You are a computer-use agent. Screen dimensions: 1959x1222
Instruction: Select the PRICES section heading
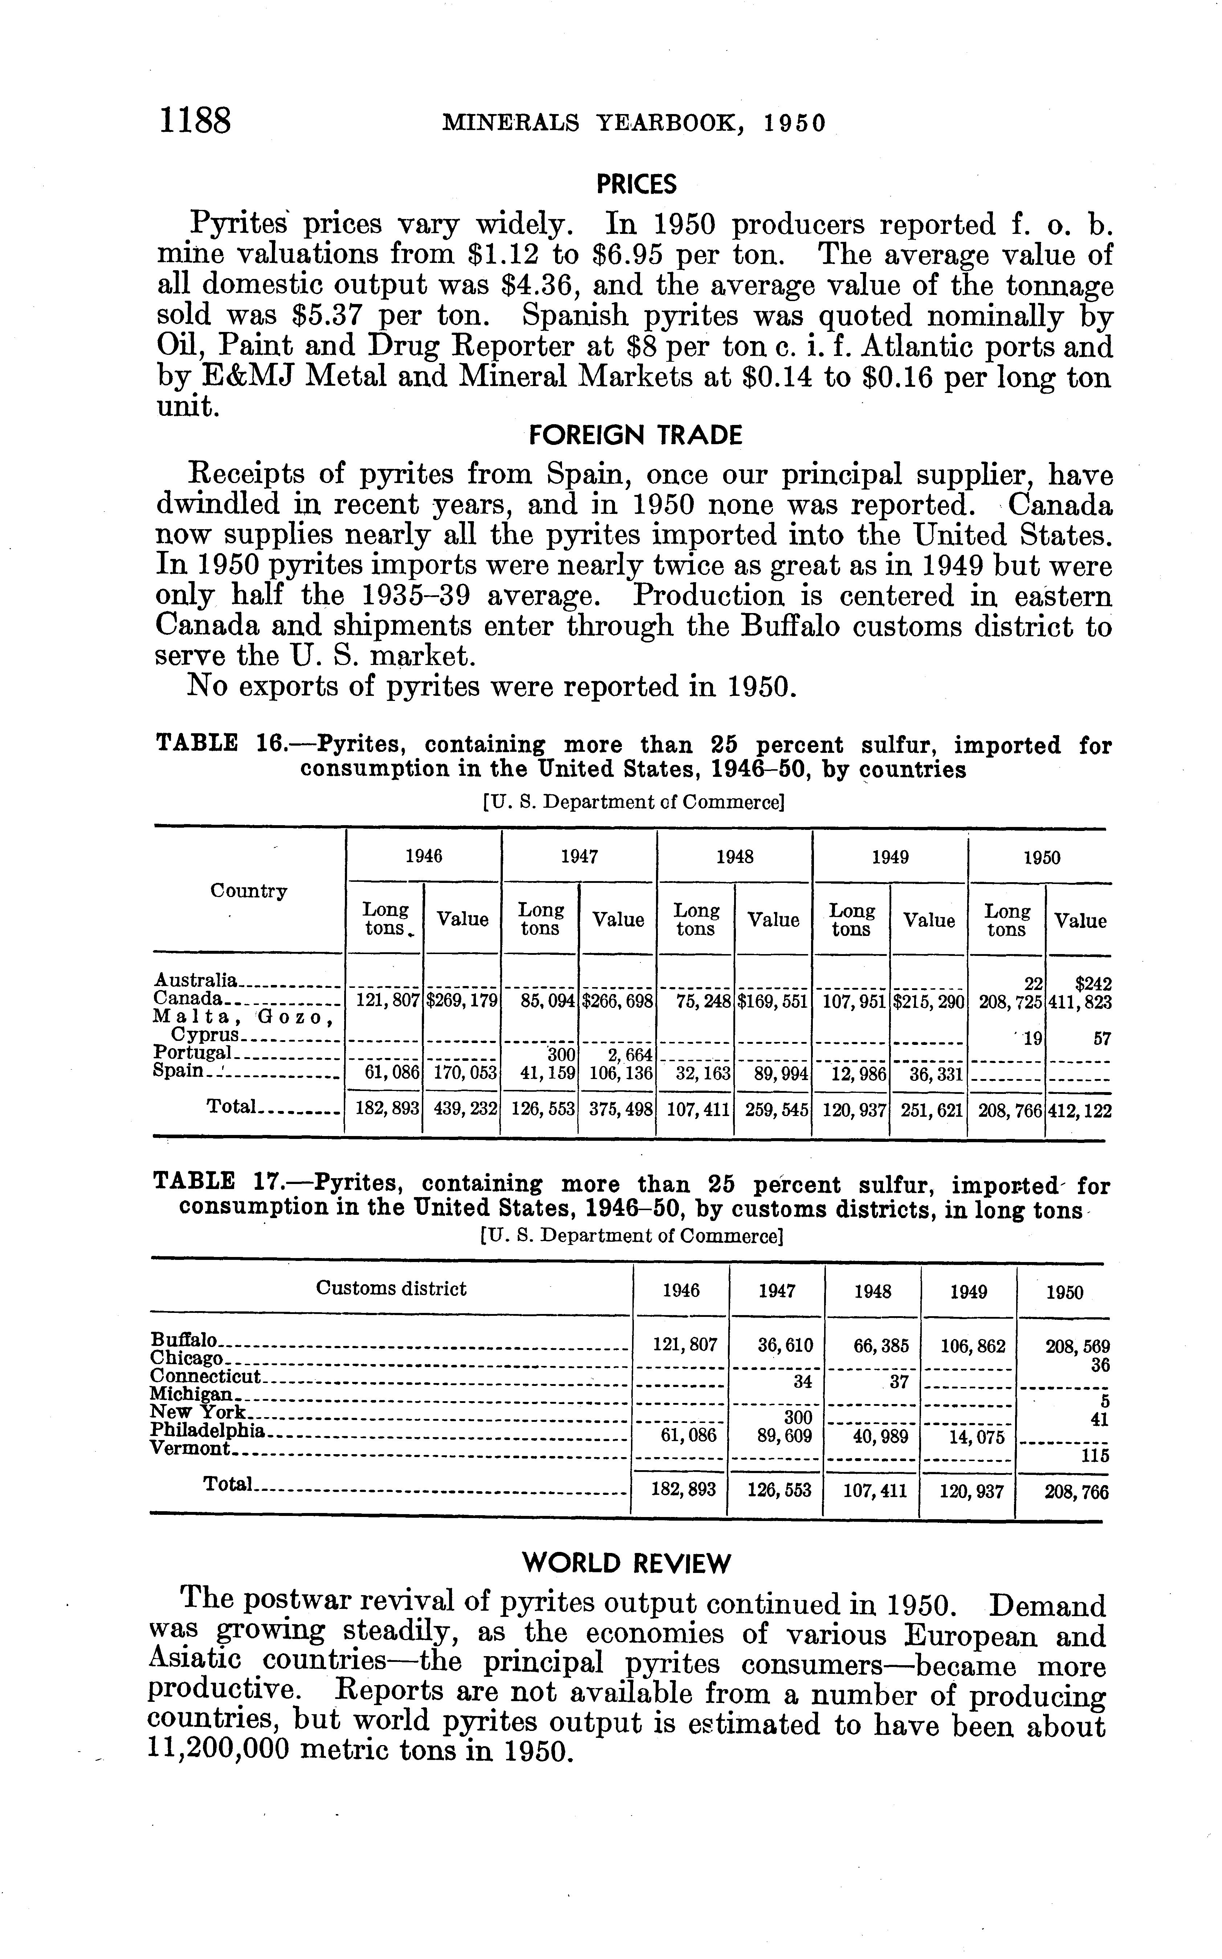636,185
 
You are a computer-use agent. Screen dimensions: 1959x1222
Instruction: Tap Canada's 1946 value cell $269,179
462,1001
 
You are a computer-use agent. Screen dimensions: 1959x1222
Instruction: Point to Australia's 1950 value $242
1093,984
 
